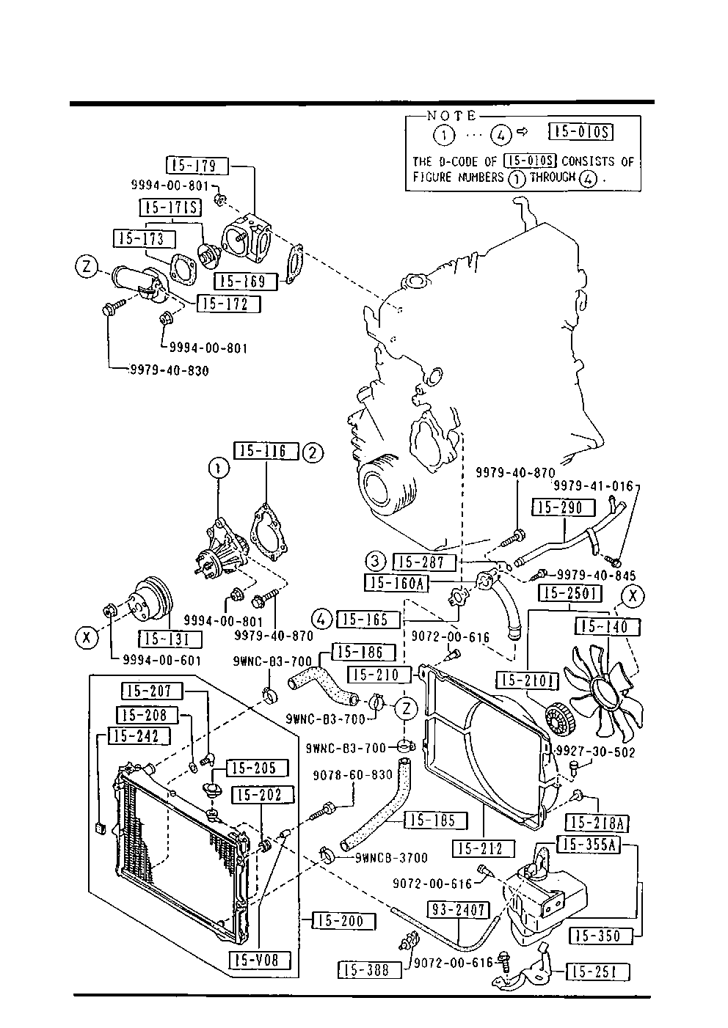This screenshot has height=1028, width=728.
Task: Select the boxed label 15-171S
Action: [x=170, y=208]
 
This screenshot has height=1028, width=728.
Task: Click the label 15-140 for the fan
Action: [x=609, y=627]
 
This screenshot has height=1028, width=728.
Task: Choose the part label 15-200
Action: [x=343, y=921]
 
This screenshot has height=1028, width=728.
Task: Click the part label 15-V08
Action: [x=260, y=959]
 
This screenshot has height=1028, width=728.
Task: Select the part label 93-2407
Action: [x=458, y=910]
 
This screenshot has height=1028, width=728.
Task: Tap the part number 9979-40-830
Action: [x=168, y=371]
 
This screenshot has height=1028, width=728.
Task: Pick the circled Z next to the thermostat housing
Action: [x=87, y=268]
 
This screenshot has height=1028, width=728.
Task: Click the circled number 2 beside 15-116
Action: [x=313, y=452]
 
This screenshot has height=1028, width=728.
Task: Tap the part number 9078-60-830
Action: [x=353, y=775]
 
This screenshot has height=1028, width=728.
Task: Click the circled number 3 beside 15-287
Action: [x=376, y=562]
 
